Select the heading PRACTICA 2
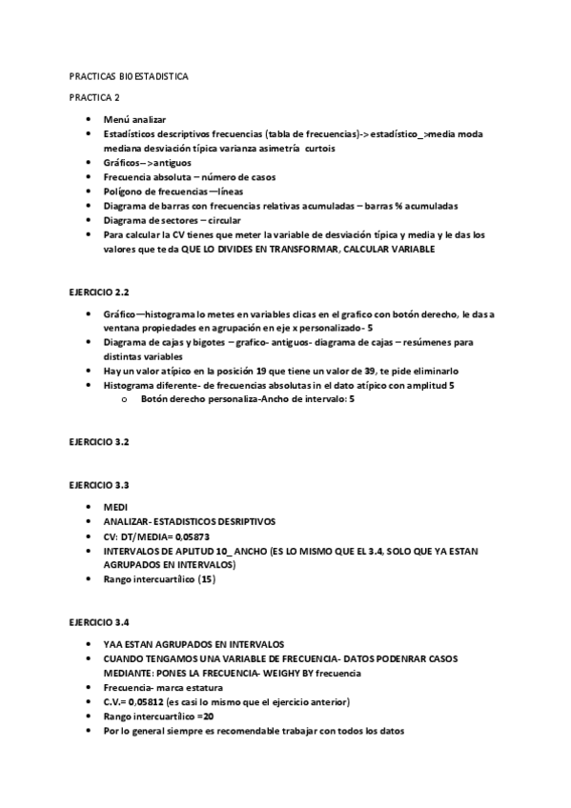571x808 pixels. pyautogui.click(x=94, y=97)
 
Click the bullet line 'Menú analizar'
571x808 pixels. pyautogui.click(x=134, y=119)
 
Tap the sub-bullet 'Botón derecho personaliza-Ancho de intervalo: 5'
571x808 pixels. pyautogui.click(x=248, y=400)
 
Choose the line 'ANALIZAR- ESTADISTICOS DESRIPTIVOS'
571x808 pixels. pyautogui.click(x=190, y=522)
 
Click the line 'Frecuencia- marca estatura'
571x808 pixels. pyautogui.click(x=163, y=688)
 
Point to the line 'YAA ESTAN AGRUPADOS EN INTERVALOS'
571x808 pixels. pyautogui.click(x=194, y=644)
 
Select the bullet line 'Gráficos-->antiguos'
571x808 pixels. pyautogui.click(x=147, y=162)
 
